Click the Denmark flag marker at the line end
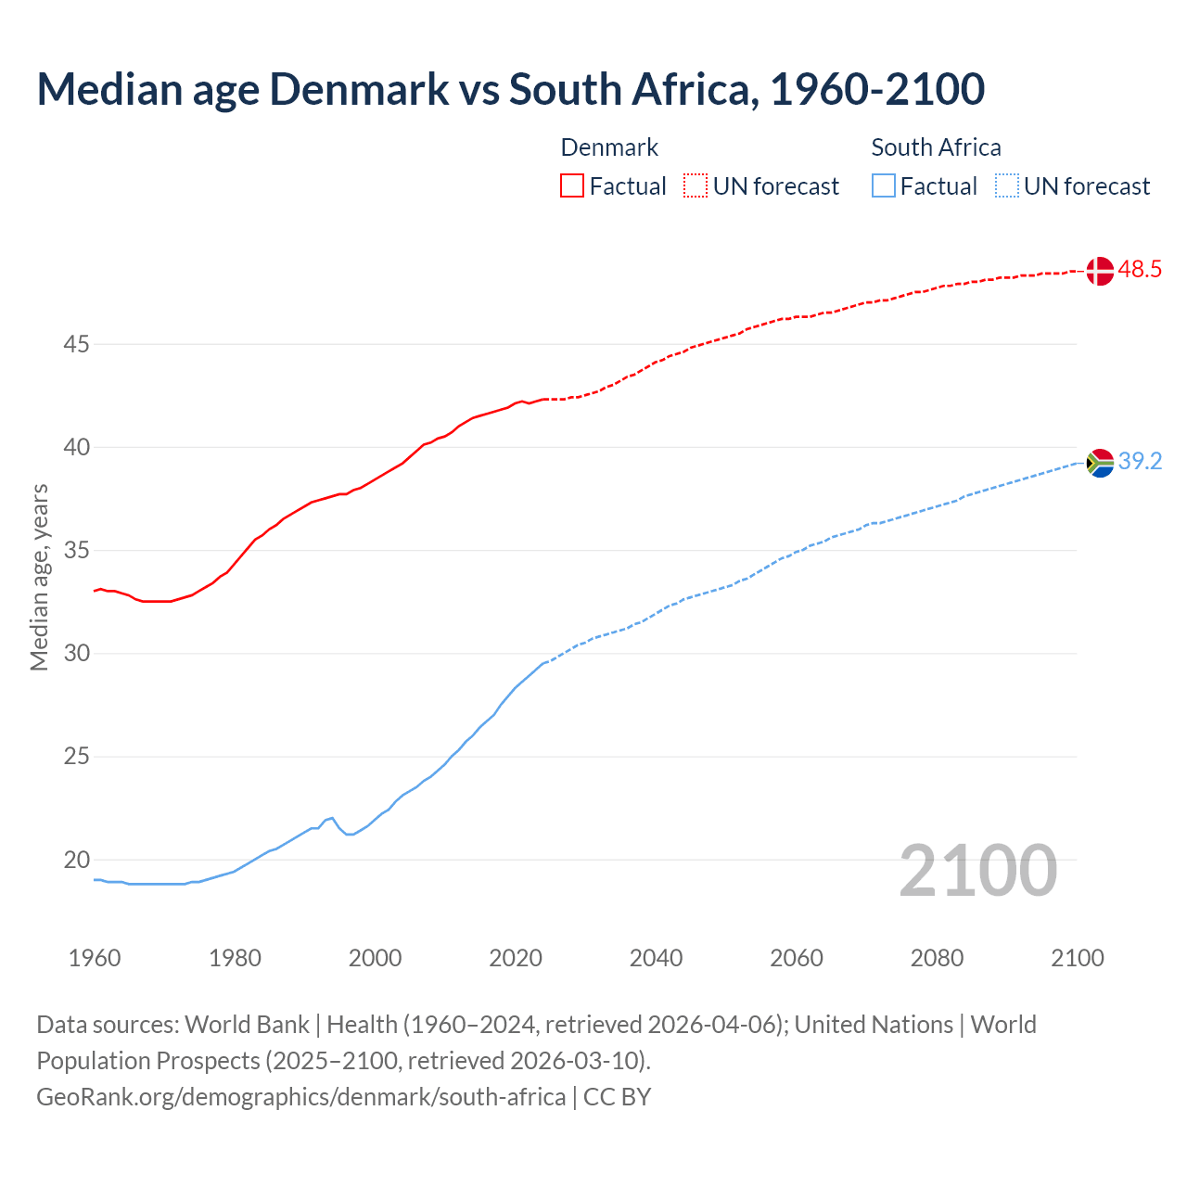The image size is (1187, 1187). pos(1099,271)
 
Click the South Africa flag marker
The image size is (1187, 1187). pos(1100,462)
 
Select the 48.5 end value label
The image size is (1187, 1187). pos(1140,270)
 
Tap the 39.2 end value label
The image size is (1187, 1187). pos(1140,461)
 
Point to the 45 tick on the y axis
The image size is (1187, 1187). pos(76,344)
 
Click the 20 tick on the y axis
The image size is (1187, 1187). pos(76,860)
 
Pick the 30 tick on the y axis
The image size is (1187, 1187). pos(76,654)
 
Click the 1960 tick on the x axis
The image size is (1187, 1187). pos(95,958)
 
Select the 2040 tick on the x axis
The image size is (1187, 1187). pos(656,958)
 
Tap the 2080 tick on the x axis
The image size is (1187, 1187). pos(937,958)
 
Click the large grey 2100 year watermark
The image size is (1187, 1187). pos(977,870)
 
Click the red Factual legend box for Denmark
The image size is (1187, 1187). pos(572,185)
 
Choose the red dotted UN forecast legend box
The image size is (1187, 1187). pos(696,185)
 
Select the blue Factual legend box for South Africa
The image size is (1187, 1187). pos(884,185)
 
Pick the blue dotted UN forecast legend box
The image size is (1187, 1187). pos(1006,185)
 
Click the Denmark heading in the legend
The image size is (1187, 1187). pos(609,147)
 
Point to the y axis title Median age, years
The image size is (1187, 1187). pos(39,577)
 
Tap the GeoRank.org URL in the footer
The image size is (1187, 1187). pos(300,1096)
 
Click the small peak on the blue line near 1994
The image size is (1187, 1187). pos(332,818)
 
